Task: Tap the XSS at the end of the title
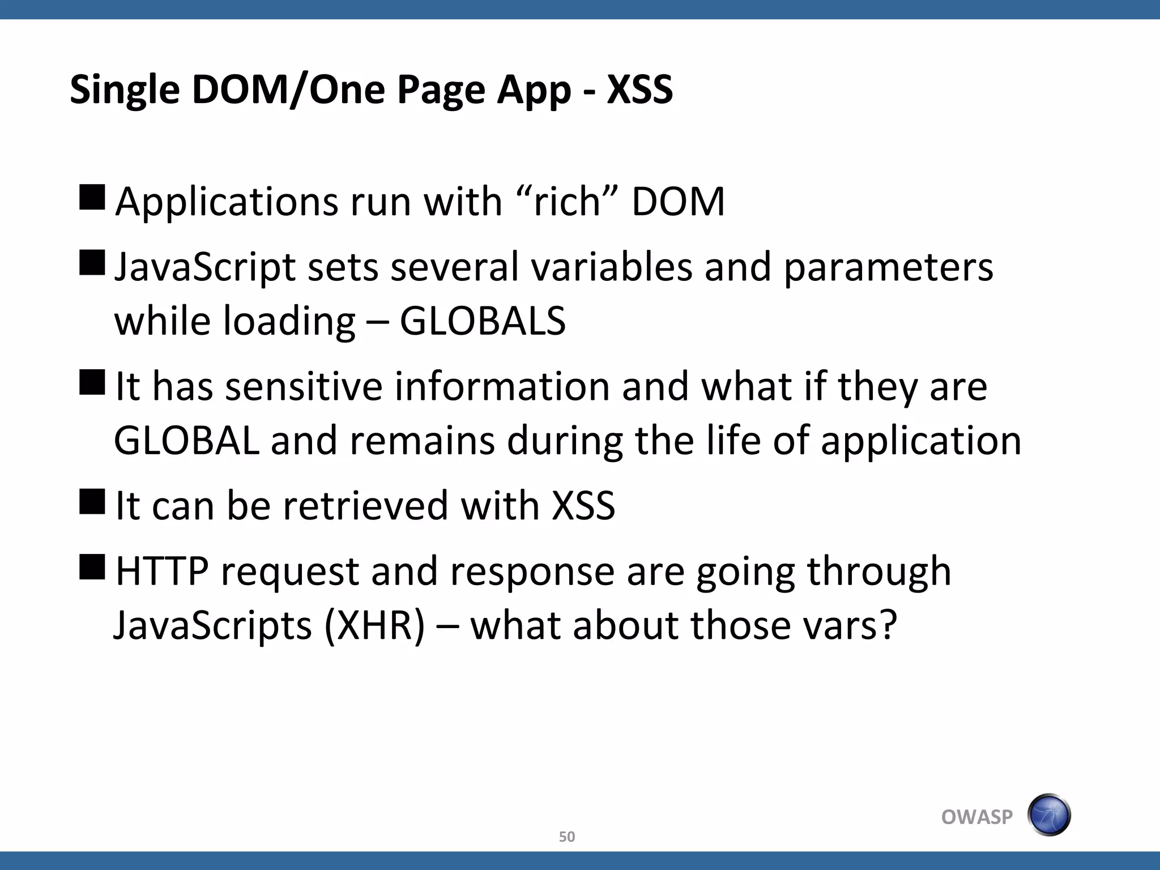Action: pyautogui.click(x=639, y=89)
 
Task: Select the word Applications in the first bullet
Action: pyautogui.click(x=226, y=202)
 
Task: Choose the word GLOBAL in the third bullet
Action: pyautogui.click(x=187, y=441)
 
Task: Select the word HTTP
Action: pyautogui.click(x=162, y=571)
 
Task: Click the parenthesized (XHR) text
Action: pyautogui.click(x=374, y=625)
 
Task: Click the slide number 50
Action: pyautogui.click(x=566, y=837)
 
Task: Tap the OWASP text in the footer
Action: pyautogui.click(x=976, y=817)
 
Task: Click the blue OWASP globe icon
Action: pyautogui.click(x=1049, y=815)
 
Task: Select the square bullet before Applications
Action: pyautogui.click(x=92, y=198)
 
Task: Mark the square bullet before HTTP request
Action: pyautogui.click(x=92, y=567)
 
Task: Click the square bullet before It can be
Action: pyautogui.click(x=92, y=501)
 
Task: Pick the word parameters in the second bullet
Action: pyautogui.click(x=888, y=267)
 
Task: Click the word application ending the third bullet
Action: pyautogui.click(x=921, y=441)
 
